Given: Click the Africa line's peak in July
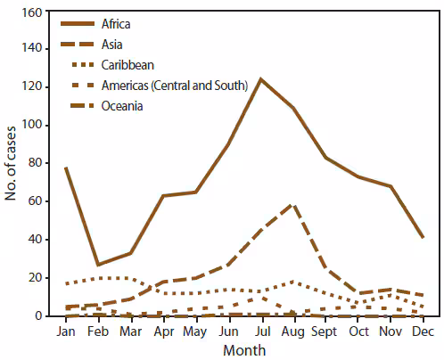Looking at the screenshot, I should coord(261,79).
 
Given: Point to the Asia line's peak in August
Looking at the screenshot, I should coord(293,205).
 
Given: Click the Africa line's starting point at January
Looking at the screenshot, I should coord(65,168).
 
